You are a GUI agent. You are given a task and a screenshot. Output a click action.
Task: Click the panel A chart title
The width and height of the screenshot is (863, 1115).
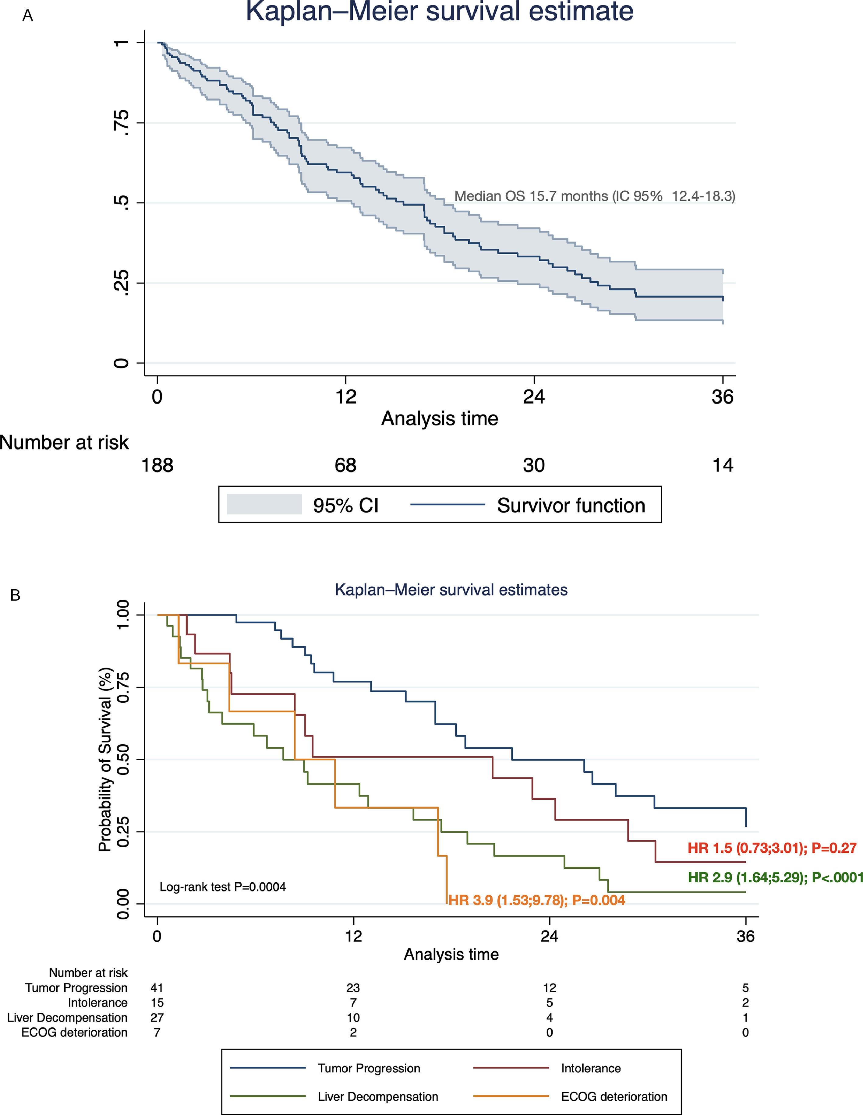[x=439, y=11]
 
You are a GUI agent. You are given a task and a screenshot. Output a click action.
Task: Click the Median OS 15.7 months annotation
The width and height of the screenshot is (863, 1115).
[x=594, y=196]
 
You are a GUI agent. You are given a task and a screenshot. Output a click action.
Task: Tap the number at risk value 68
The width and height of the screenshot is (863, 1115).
[x=346, y=465]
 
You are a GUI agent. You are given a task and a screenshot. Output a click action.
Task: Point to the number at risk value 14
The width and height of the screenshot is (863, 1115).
[x=723, y=465]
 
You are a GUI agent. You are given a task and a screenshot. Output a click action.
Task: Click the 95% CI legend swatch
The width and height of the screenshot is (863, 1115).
[x=264, y=504]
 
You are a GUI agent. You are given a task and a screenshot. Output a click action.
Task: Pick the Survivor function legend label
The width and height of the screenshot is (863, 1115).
[x=571, y=506]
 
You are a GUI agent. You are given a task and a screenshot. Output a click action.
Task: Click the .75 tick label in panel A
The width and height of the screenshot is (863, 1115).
[x=122, y=122]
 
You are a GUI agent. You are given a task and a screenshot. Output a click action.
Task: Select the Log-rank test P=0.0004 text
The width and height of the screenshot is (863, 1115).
[x=223, y=887]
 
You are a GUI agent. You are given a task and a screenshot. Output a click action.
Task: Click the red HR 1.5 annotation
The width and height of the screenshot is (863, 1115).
[x=772, y=848]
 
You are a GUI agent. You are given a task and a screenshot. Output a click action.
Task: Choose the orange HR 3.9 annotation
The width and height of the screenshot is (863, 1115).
[x=536, y=900]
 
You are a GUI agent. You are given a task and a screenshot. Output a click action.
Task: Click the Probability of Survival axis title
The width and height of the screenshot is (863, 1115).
[x=105, y=759]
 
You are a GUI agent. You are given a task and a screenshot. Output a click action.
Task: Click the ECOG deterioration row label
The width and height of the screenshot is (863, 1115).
[x=75, y=1032]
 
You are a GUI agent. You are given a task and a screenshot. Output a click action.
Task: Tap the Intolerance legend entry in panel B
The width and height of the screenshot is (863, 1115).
[x=591, y=1068]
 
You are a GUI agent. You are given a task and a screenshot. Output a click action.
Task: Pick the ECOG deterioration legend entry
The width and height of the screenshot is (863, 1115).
[x=614, y=1097]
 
